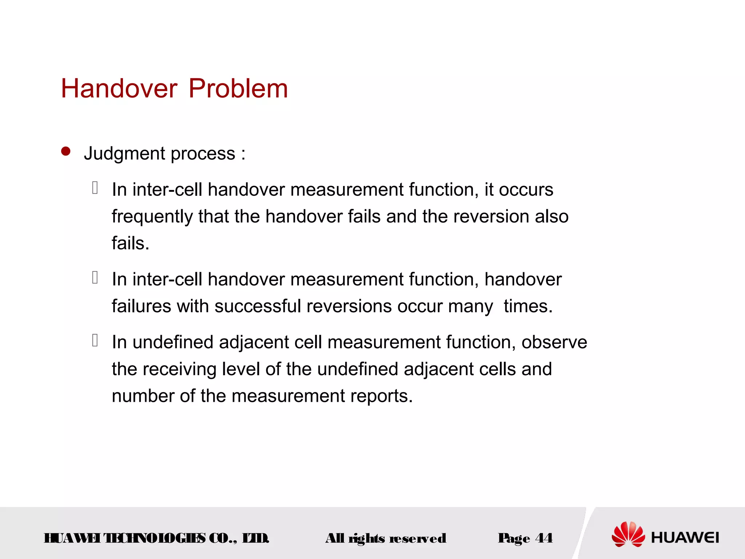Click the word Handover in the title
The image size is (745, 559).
point(119,89)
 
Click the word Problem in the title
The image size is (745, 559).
point(238,89)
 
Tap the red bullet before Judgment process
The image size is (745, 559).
point(66,151)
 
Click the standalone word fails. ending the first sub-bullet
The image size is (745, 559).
point(130,243)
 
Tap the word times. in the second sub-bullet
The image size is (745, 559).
point(528,306)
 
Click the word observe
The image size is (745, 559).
point(554,342)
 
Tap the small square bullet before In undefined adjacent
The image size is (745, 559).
point(95,340)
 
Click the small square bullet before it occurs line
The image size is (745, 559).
point(95,188)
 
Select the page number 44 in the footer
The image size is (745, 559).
point(544,538)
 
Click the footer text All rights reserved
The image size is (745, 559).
point(386,538)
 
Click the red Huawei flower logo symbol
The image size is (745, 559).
point(628,534)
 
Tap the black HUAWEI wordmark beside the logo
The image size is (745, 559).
point(685,538)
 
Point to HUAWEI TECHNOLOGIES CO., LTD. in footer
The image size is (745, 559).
point(156,538)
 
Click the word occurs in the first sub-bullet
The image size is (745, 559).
point(526,190)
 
